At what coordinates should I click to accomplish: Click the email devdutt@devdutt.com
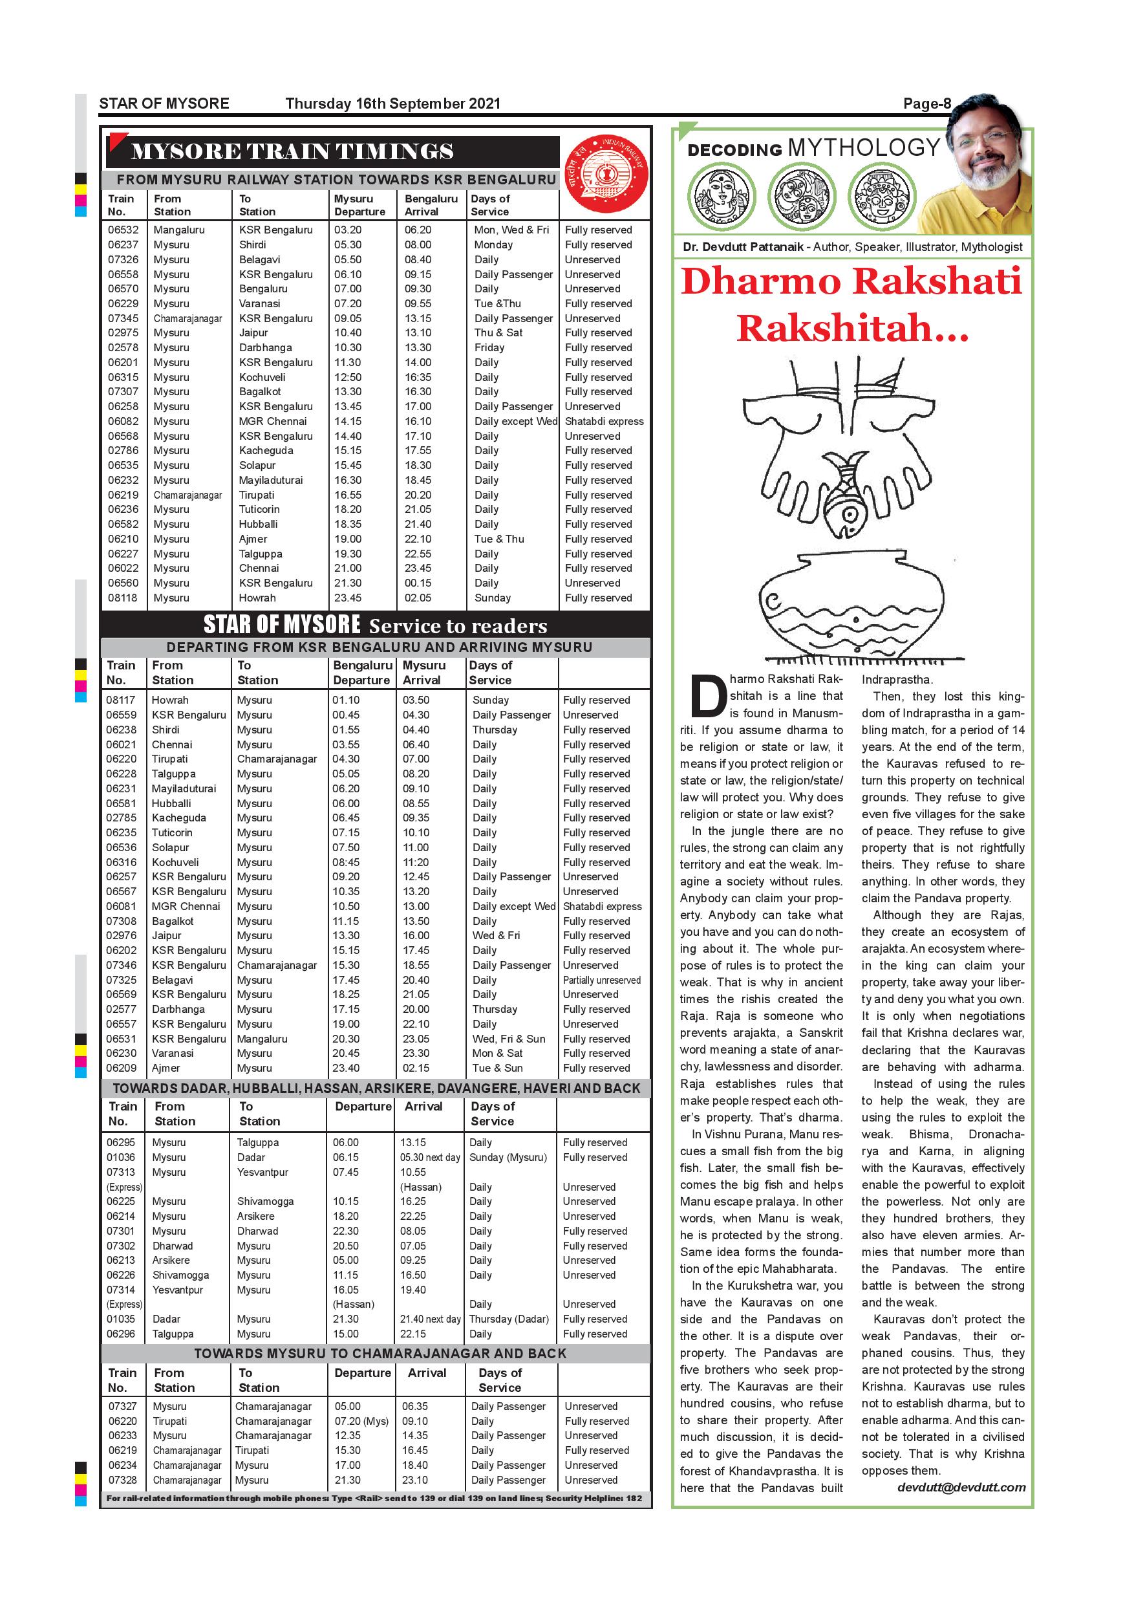pyautogui.click(x=961, y=1488)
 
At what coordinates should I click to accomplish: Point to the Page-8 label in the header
pyautogui.click(x=926, y=103)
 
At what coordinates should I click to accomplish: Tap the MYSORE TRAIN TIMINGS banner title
pyautogui.click(x=292, y=151)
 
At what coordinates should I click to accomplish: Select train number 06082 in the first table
pyautogui.click(x=123, y=421)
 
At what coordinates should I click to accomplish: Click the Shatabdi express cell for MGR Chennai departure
pyautogui.click(x=604, y=421)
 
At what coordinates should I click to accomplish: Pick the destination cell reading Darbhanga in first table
pyautogui.click(x=265, y=347)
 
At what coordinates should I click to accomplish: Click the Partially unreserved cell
pyautogui.click(x=601, y=980)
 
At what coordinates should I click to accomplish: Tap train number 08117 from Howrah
pyautogui.click(x=121, y=700)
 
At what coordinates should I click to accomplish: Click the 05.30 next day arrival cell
pyautogui.click(x=429, y=1158)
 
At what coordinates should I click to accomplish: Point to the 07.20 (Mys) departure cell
pyautogui.click(x=361, y=1421)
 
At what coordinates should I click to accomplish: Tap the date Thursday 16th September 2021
pyautogui.click(x=392, y=103)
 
